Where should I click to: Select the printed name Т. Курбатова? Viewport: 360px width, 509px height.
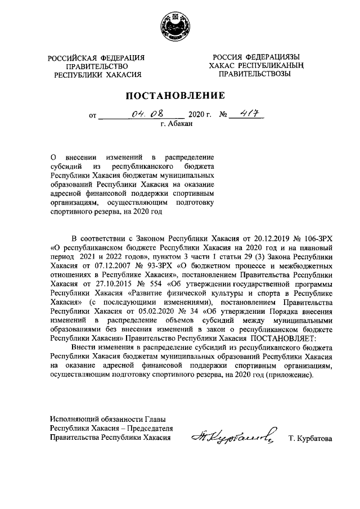[x=310, y=439]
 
